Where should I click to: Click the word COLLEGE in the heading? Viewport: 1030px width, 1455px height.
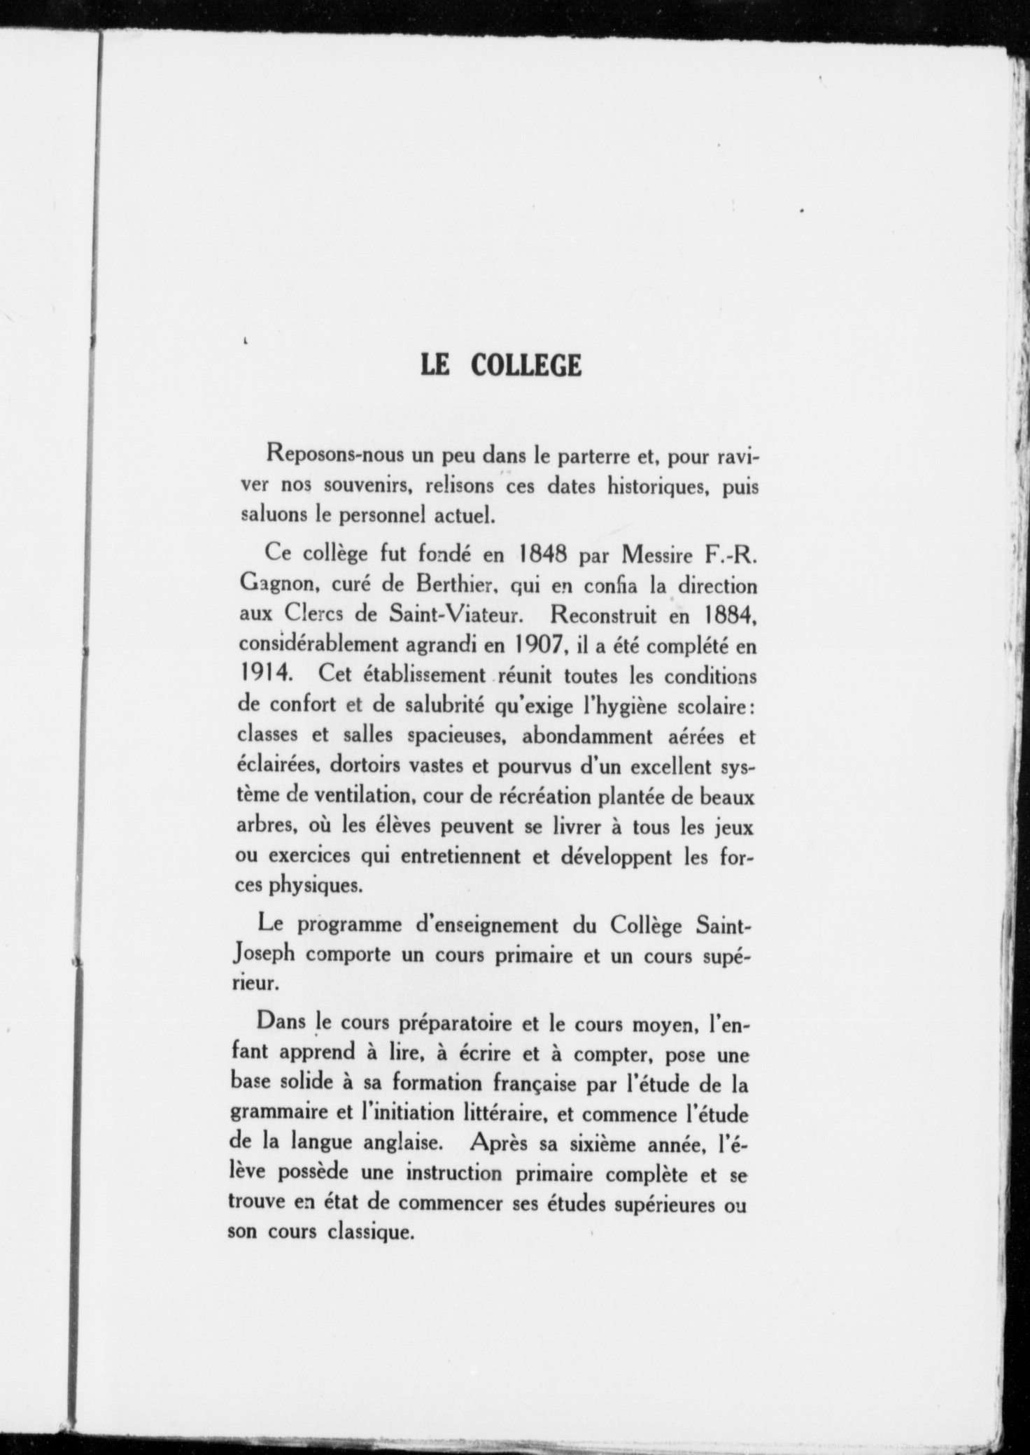525,365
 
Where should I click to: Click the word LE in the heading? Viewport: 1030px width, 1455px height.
435,365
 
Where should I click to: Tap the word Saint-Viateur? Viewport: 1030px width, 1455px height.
470,616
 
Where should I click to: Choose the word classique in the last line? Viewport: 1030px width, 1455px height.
370,1231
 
